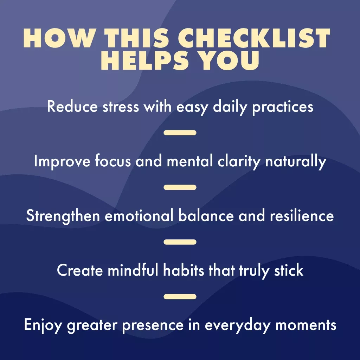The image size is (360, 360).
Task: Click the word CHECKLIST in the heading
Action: [254, 38]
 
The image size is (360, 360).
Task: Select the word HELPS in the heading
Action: [144, 60]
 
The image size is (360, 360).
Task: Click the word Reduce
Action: [72, 107]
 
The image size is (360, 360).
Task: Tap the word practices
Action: [283, 108]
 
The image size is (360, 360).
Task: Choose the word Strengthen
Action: [63, 216]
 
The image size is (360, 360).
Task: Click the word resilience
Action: [302, 216]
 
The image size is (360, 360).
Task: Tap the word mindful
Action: [133, 270]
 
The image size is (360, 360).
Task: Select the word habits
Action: [184, 270]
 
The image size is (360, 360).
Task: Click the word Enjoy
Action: [43, 326]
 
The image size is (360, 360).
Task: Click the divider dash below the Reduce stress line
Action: [180, 133]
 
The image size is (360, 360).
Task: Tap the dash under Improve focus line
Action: [180, 187]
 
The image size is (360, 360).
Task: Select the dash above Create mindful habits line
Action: [180, 242]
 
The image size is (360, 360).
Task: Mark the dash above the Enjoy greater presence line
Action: [180, 297]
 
